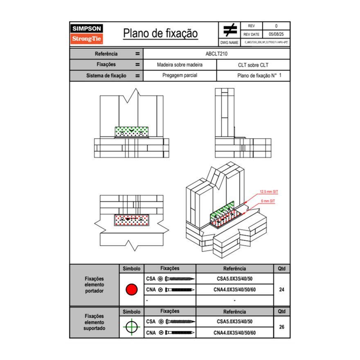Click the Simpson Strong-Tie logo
87,34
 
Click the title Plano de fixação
160,34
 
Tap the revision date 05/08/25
276,34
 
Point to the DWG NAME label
229,43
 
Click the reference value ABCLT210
216,54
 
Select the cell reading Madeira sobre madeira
180,65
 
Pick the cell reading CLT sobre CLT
253,65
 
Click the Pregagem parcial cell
180,76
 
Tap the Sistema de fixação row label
106,76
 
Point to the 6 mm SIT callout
268,201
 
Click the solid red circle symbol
131,290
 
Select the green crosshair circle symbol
131,327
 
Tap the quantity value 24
281,290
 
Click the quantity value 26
281,327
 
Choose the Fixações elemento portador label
94,285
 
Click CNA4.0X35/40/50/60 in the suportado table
234,333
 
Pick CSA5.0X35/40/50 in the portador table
234,279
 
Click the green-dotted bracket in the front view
132,132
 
